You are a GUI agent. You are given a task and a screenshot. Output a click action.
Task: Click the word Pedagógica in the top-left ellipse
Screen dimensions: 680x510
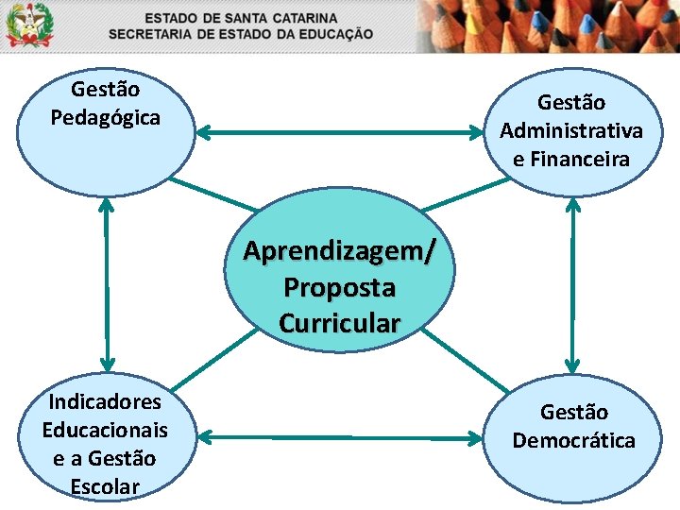click(x=105, y=119)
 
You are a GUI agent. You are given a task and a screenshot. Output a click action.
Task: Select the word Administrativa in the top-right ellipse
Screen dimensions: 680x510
click(x=571, y=130)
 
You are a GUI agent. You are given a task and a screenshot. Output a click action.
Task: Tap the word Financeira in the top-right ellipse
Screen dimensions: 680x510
click(x=571, y=159)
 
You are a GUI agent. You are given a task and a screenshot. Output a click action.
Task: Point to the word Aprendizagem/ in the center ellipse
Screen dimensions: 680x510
click(x=340, y=251)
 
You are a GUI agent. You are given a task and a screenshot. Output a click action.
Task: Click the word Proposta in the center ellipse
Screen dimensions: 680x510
click(x=339, y=287)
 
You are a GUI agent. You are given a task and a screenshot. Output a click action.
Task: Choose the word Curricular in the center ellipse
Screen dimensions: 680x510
click(x=339, y=323)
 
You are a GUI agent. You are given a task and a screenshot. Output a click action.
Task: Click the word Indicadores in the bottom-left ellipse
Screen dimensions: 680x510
click(x=105, y=402)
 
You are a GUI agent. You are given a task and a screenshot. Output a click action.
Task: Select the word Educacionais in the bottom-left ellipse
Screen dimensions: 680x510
click(x=105, y=431)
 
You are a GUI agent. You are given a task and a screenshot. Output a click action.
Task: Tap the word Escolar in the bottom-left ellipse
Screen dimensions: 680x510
click(x=105, y=487)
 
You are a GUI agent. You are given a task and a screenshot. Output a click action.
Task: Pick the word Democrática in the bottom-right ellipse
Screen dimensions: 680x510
click(x=574, y=440)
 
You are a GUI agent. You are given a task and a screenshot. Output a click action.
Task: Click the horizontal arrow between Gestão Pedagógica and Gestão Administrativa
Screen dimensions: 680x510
click(x=340, y=134)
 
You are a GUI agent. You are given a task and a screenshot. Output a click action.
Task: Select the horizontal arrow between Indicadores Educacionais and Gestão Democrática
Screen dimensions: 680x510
click(x=340, y=437)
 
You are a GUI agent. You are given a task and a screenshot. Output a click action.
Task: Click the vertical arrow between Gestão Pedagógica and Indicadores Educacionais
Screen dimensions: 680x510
click(x=108, y=283)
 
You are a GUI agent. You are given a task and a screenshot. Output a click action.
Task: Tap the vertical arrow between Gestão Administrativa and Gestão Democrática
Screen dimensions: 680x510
click(x=572, y=283)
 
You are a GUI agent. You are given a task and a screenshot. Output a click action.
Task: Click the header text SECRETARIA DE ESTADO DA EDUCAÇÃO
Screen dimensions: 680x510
click(x=241, y=34)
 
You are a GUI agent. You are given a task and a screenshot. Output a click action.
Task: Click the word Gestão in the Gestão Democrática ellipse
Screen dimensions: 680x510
click(x=574, y=412)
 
